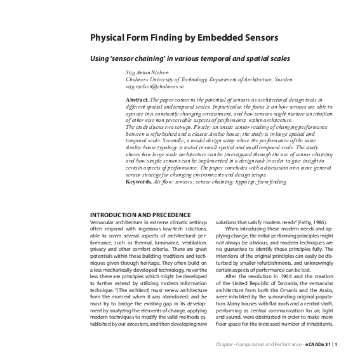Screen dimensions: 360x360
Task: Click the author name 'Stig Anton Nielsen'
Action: [145, 72]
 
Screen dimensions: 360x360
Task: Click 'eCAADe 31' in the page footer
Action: [315, 345]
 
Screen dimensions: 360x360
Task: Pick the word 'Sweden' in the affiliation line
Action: [279, 79]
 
